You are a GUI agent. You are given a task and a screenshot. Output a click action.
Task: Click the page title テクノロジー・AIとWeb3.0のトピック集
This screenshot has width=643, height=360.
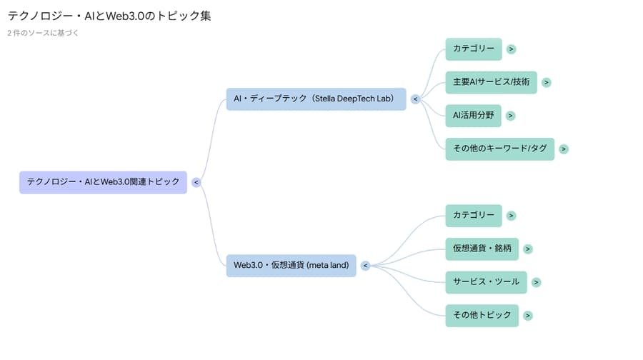[109, 16]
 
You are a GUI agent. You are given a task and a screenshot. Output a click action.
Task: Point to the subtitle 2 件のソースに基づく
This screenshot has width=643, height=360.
[43, 33]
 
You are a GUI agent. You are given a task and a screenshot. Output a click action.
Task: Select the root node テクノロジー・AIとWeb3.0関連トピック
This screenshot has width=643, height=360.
[103, 182]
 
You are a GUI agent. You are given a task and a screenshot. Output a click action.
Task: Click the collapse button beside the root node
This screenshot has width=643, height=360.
[196, 182]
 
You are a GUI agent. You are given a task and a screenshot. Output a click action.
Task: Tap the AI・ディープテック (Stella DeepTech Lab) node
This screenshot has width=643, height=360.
[315, 99]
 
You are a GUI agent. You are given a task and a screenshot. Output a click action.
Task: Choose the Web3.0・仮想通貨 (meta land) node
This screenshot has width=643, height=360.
[291, 265]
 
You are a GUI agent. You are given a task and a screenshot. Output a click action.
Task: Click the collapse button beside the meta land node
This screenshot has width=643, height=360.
[365, 266]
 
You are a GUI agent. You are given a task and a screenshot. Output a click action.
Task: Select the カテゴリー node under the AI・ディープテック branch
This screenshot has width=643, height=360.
[473, 49]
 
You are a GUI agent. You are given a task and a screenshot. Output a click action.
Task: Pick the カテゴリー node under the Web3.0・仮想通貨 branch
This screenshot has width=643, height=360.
[473, 215]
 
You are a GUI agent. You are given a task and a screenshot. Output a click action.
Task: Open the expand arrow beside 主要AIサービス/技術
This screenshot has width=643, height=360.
[546, 82]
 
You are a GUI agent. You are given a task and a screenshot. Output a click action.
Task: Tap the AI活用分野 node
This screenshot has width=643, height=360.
[473, 115]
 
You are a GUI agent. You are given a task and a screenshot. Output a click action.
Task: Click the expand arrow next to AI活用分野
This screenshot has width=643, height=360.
[511, 116]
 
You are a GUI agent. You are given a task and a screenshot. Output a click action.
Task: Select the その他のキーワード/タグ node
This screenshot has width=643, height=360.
[499, 149]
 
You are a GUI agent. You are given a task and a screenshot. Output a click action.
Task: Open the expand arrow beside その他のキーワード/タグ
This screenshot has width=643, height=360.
[564, 149]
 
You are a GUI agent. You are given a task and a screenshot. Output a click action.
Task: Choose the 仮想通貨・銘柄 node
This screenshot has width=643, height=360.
[482, 249]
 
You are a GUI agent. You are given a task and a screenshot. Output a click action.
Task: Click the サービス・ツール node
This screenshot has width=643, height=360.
[486, 282]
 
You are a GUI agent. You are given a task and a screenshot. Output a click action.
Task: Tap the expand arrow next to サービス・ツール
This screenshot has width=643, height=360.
[537, 282]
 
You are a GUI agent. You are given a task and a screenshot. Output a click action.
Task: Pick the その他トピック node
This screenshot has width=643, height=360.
[482, 315]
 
